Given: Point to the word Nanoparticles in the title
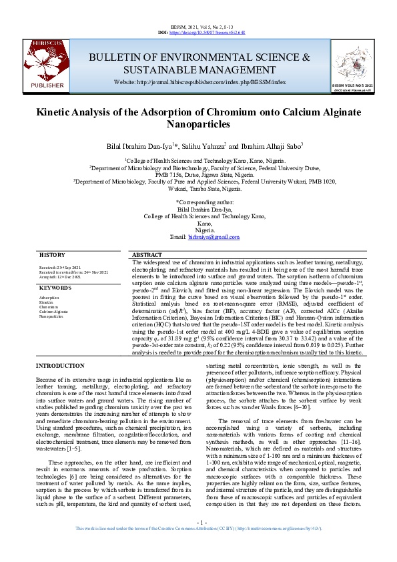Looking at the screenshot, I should point(198,124).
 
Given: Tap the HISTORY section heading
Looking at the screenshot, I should point(52,256).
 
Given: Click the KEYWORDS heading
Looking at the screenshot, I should point(55,288).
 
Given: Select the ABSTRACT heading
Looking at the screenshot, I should point(147,256).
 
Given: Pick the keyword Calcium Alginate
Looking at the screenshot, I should point(53,312).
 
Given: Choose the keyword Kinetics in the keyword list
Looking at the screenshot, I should point(46,302).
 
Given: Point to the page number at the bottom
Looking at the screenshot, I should point(198,540).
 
